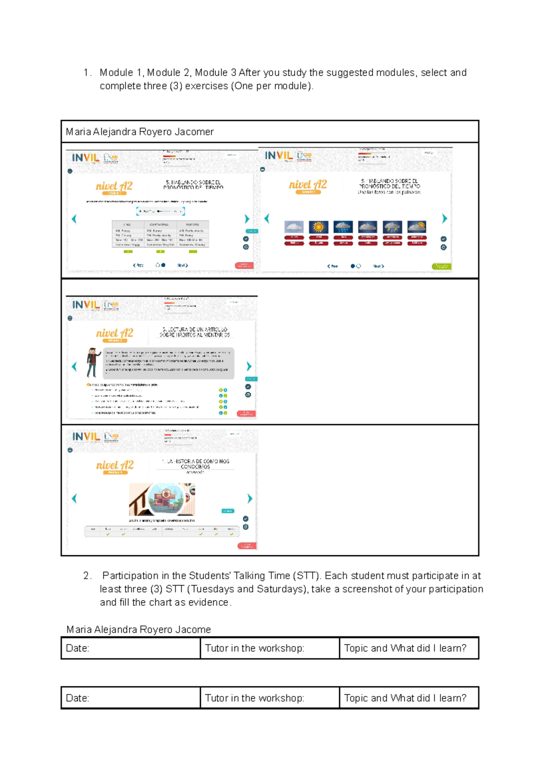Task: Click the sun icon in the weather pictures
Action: (318, 227)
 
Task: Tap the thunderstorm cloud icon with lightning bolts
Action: (392, 227)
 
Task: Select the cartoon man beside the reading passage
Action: (93, 362)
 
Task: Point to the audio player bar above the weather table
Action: (160, 211)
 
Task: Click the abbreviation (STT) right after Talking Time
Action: (306, 575)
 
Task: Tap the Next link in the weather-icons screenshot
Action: (378, 266)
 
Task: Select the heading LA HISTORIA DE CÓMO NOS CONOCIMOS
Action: (195, 464)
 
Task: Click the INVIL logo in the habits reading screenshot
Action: (86, 305)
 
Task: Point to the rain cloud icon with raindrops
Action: (343, 227)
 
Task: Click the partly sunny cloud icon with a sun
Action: (417, 227)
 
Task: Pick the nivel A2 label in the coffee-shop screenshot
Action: (115, 465)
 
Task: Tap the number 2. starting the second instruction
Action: (88, 575)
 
